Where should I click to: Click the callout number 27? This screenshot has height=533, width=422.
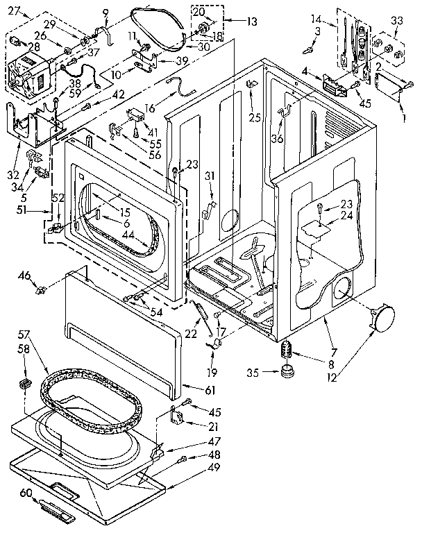(15, 10)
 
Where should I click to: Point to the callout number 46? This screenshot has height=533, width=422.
(24, 277)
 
